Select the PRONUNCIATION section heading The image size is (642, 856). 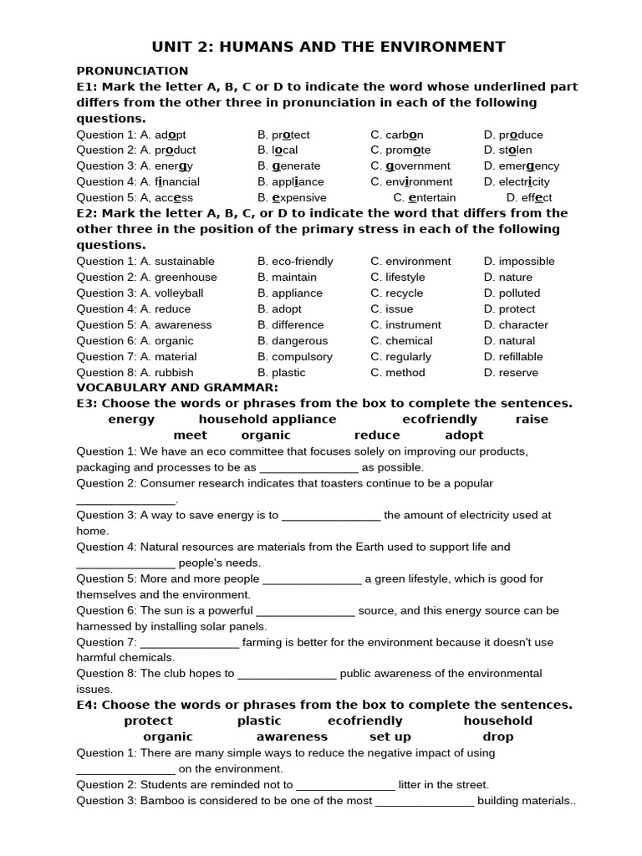click(132, 71)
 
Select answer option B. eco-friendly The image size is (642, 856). click(296, 262)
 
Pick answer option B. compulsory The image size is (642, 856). click(295, 357)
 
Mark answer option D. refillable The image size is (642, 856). click(513, 357)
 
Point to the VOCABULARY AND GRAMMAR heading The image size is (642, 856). click(177, 388)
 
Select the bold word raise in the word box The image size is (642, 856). click(532, 420)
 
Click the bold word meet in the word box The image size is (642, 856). click(190, 436)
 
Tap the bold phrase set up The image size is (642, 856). click(390, 737)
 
